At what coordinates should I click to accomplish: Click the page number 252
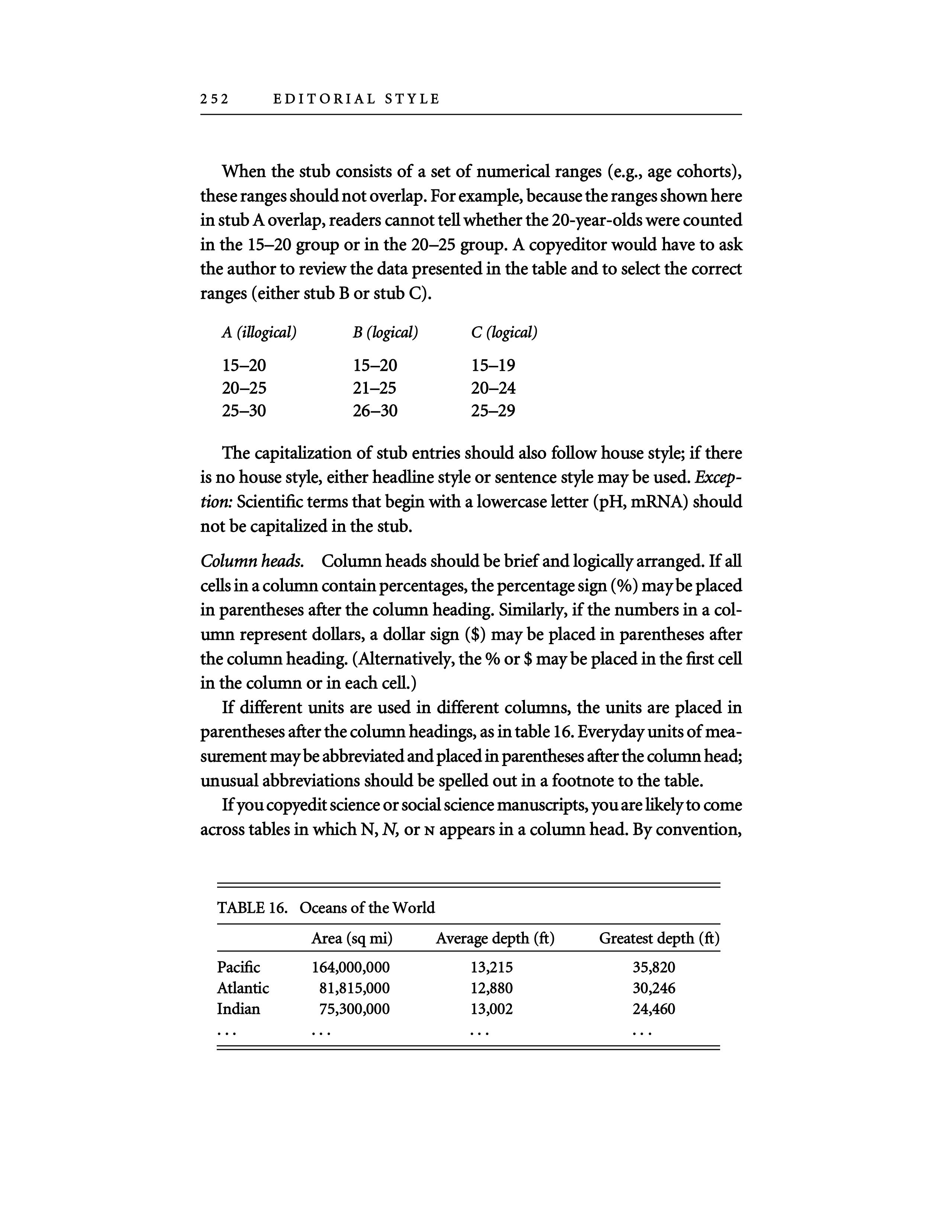pos(215,99)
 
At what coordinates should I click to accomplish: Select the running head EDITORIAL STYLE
pos(356,99)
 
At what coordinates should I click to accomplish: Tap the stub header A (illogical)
pos(259,333)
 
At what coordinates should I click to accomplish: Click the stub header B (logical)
pos(385,333)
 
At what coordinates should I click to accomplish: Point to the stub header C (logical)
pos(504,333)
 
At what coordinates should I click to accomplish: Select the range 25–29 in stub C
pos(493,411)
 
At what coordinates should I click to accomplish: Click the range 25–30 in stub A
pos(244,411)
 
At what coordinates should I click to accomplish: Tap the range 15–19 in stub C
pos(493,366)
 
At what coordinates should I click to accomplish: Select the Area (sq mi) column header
pos(352,938)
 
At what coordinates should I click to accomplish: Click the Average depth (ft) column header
pos(495,938)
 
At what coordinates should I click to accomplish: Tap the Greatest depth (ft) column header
pos(659,938)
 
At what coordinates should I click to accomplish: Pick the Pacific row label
pos(238,967)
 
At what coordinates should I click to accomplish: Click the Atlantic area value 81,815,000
pos(354,988)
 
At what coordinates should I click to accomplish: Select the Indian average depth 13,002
pos(491,1009)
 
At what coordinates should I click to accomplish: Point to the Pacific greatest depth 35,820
pos(654,967)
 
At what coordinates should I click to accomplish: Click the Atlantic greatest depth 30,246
pos(654,988)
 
